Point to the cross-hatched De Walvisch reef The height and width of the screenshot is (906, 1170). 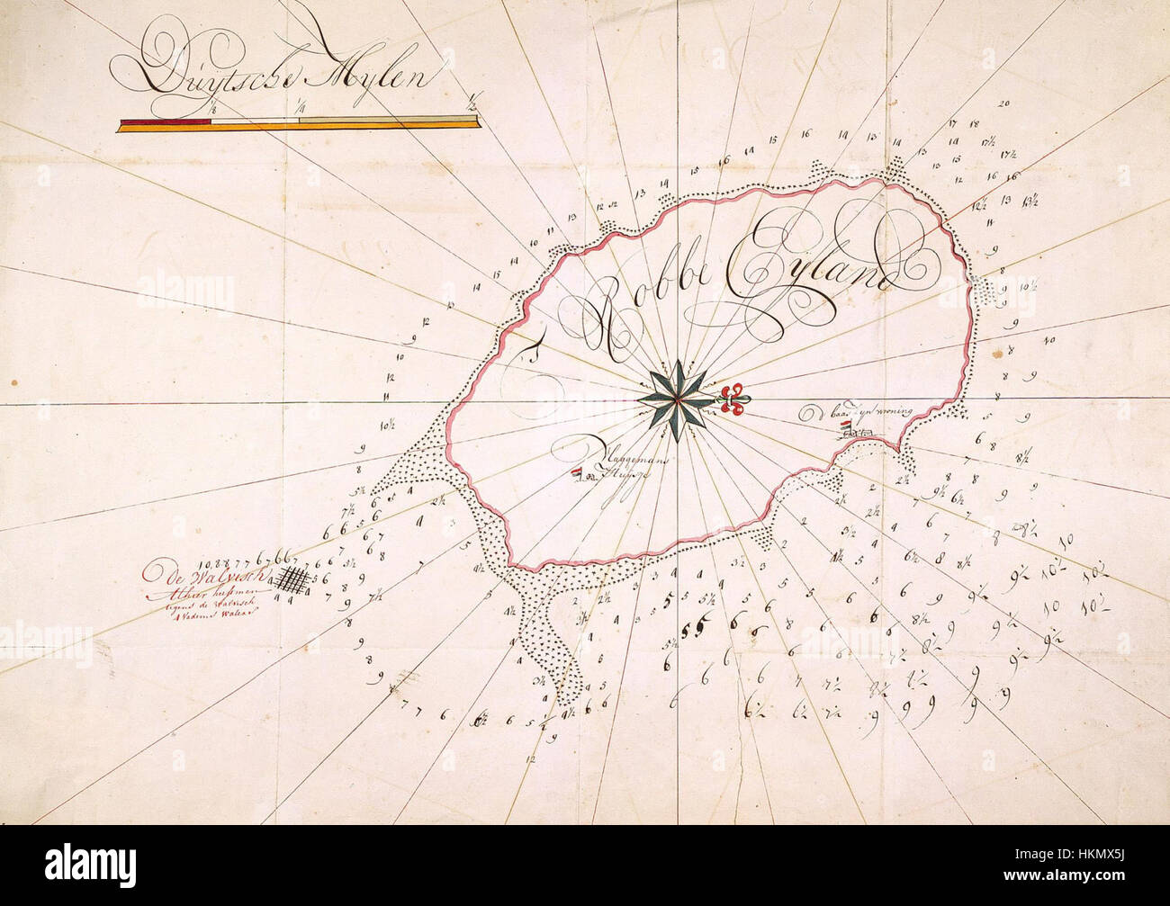291,578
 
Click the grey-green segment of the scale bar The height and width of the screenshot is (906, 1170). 378,121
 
